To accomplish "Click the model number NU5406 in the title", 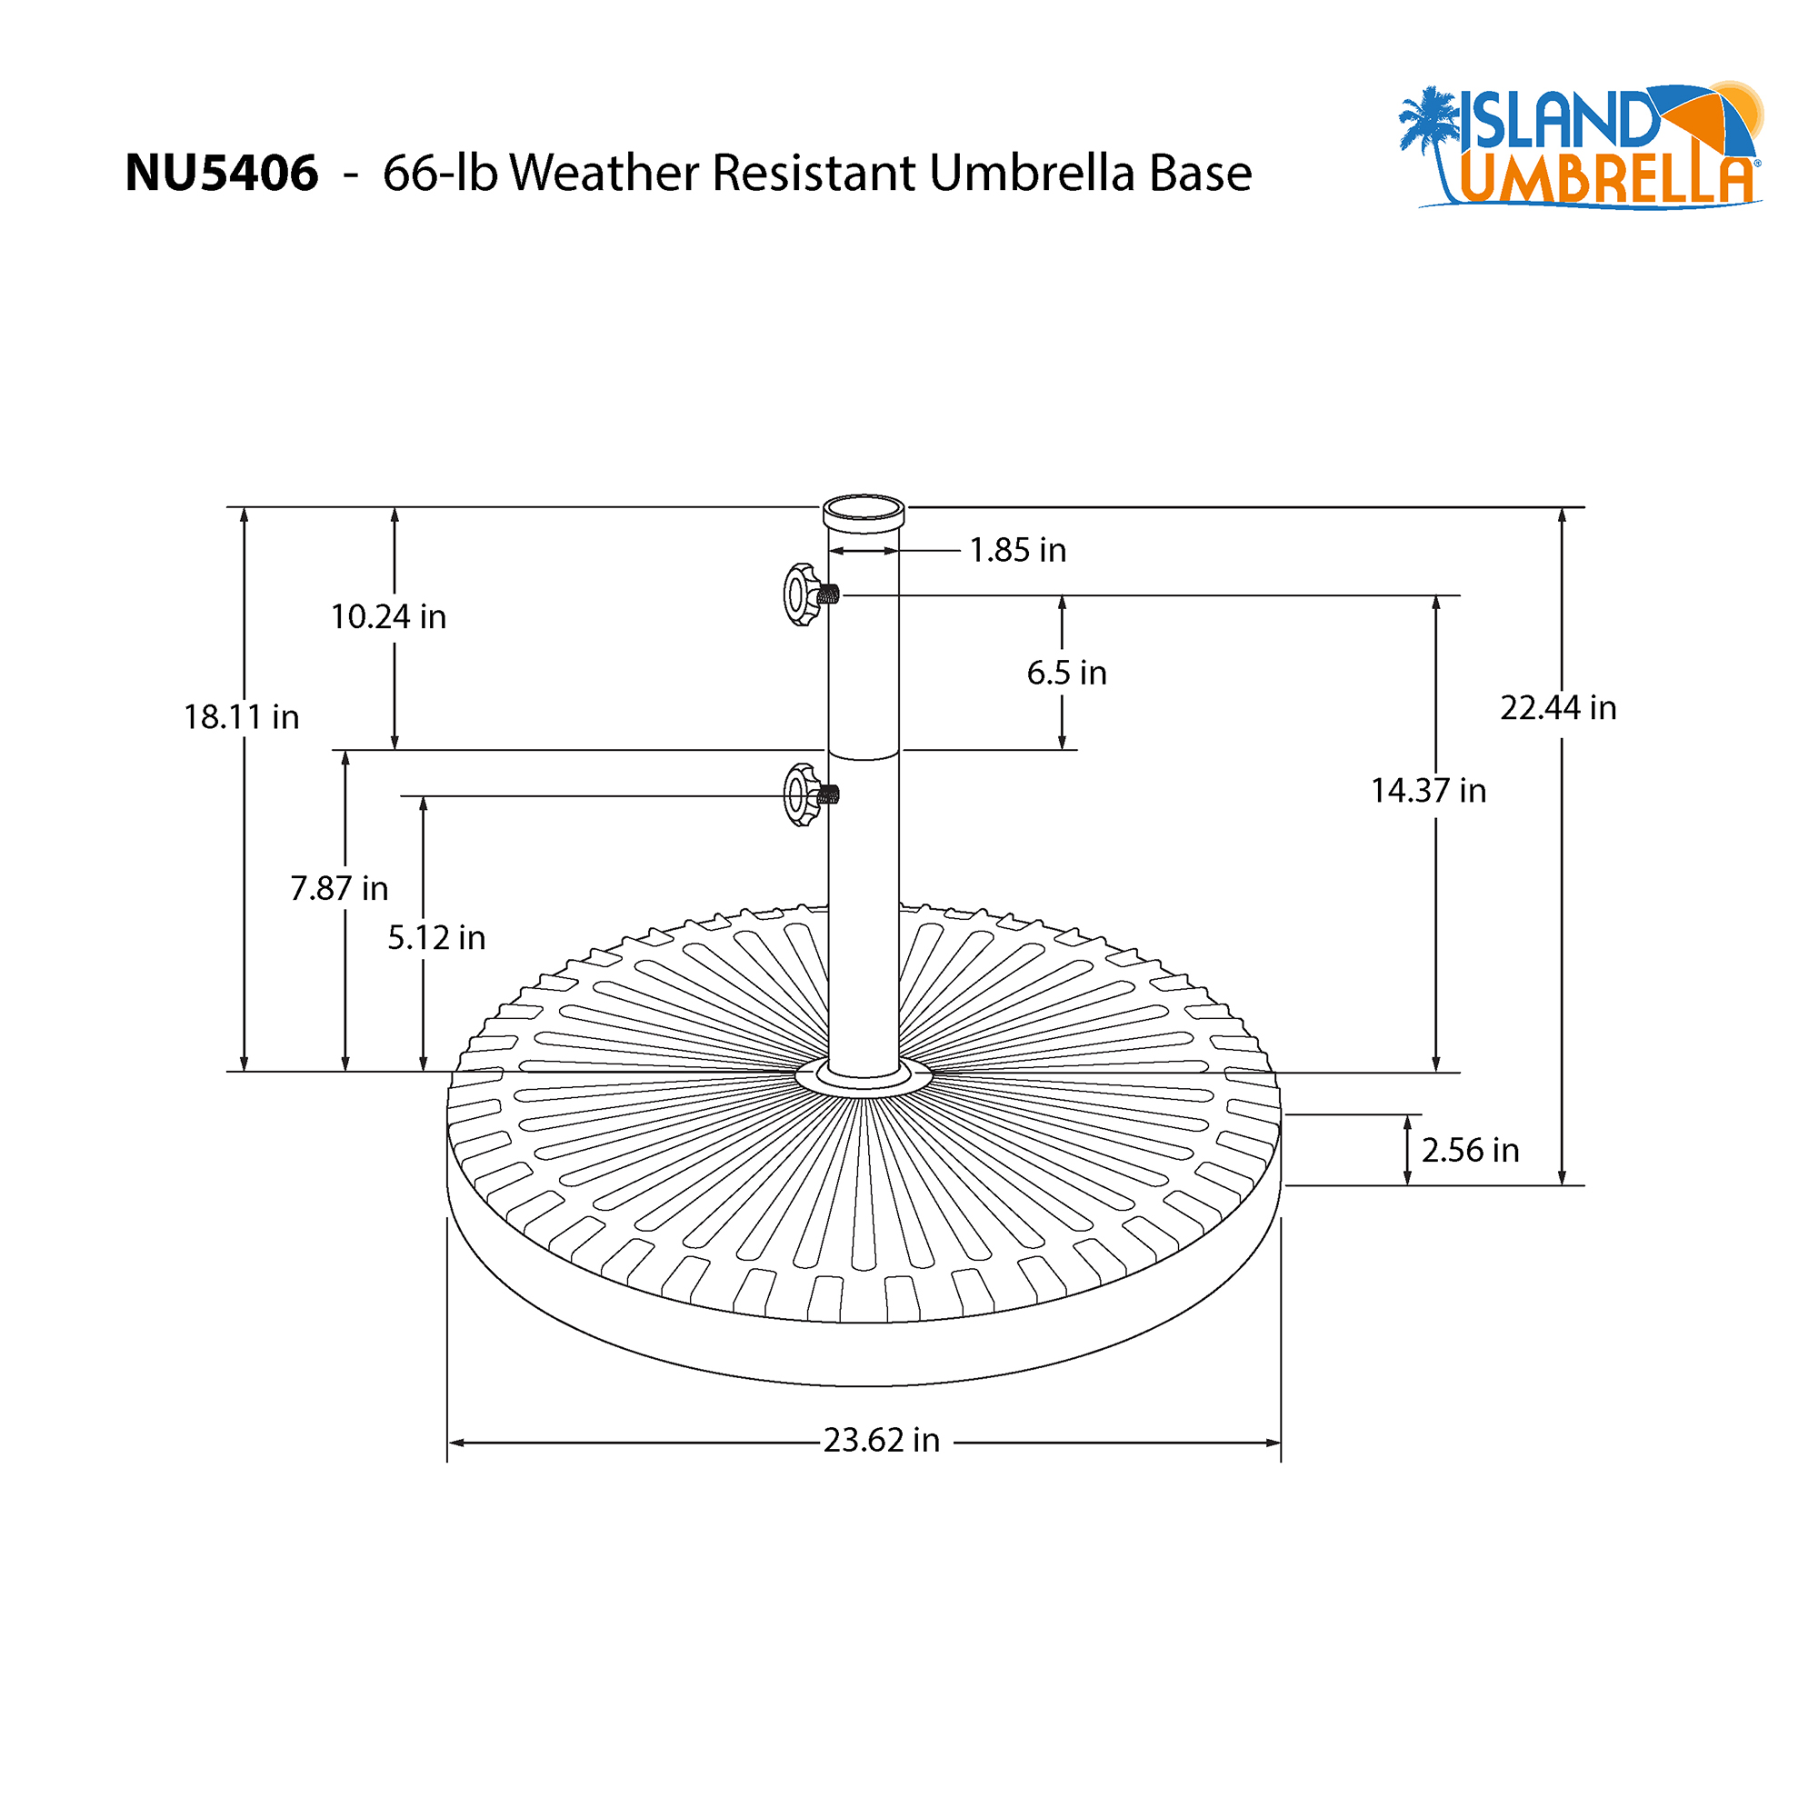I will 221,175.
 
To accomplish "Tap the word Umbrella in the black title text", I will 1033,175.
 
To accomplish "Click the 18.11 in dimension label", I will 241,718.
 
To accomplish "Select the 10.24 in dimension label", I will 388,617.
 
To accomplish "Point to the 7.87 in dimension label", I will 339,888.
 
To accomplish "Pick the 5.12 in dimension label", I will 436,938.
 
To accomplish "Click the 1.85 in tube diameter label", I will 1017,551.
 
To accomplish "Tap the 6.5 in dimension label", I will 1066,674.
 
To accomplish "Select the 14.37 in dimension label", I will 1427,792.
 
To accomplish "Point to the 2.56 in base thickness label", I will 1470,1151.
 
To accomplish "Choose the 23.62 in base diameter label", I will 881,1441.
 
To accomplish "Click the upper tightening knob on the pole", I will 802,594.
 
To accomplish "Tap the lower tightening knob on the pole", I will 802,795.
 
